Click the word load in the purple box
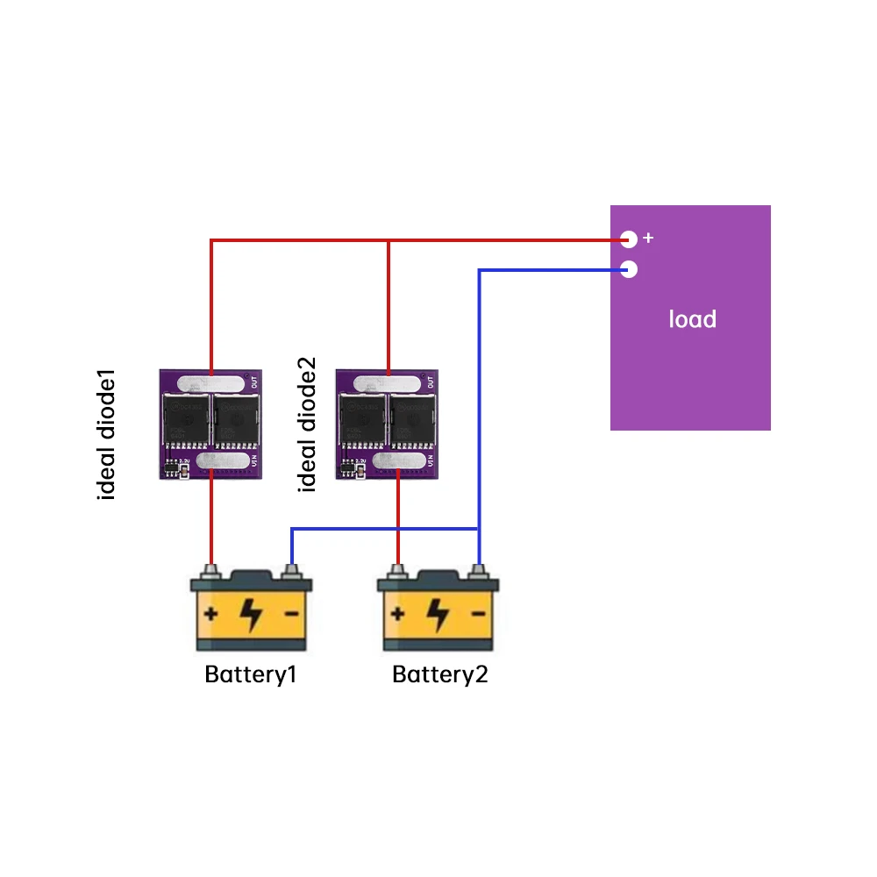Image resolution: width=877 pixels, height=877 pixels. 692,319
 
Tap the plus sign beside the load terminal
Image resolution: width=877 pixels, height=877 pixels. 649,238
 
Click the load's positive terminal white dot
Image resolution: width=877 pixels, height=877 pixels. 628,239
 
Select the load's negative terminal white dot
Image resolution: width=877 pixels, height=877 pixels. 628,269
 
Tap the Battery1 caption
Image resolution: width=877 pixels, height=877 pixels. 250,675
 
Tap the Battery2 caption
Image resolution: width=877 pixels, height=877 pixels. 439,675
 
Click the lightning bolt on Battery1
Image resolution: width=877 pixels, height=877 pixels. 251,614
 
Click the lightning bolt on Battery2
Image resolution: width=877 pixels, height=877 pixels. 437,614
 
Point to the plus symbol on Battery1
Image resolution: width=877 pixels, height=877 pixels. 211,613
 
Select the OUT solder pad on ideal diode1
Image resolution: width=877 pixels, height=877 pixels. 211,383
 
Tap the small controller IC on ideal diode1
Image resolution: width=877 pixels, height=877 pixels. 173,469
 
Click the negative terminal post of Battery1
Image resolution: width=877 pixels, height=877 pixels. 292,572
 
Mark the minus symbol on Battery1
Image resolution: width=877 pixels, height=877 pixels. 290,613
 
